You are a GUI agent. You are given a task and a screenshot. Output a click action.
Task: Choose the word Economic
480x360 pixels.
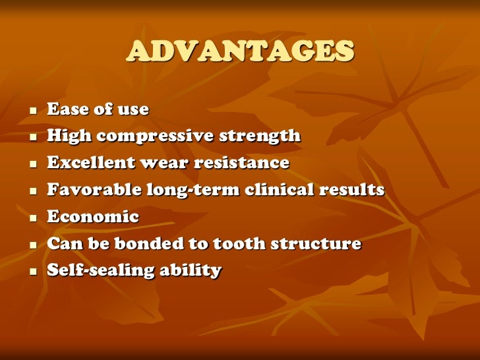pos(93,217)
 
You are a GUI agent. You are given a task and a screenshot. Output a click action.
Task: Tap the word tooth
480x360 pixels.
pos(240,243)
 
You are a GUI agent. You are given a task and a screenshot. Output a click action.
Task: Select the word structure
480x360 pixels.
pos(318,243)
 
